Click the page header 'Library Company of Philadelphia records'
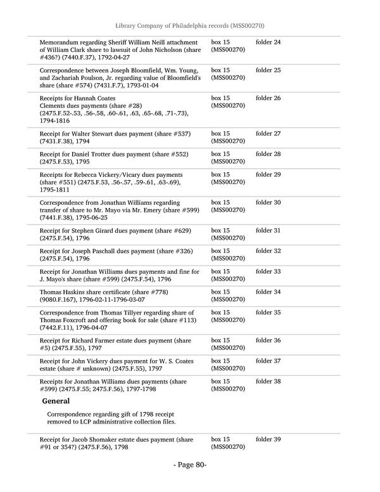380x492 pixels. pyautogui.click(x=189, y=25)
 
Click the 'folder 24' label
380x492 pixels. pyautogui.click(x=268, y=42)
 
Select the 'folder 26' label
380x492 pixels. pyautogui.click(x=268, y=98)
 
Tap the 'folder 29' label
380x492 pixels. pyautogui.click(x=268, y=174)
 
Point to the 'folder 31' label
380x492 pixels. pyautogui.click(x=268, y=230)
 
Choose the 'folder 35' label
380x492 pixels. pyautogui.click(x=268, y=313)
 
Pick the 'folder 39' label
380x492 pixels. pyautogui.click(x=268, y=439)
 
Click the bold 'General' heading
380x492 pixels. pyautogui.click(x=56, y=401)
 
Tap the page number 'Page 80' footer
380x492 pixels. pyautogui.click(x=190, y=465)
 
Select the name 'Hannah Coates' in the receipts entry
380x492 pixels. pyautogui.click(x=97, y=98)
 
